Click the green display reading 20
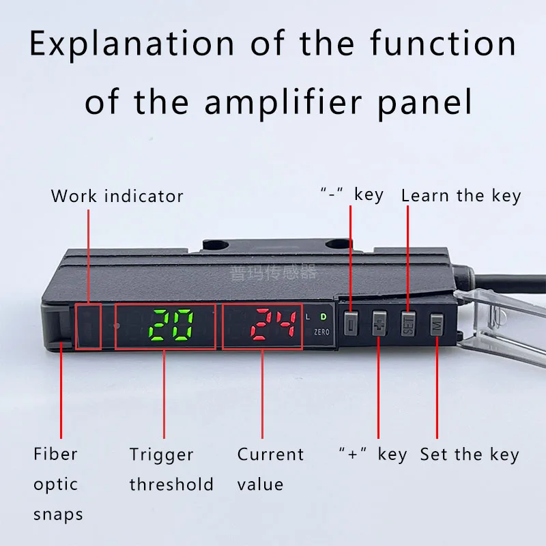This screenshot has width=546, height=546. [171, 325]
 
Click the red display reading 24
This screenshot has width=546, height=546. [273, 325]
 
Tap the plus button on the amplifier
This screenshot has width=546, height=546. [379, 325]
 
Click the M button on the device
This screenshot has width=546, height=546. [437, 325]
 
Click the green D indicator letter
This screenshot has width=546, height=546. [324, 316]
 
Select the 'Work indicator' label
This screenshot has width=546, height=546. [117, 197]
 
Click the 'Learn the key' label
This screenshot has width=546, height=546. [461, 196]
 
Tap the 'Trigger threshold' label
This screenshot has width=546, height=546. [171, 470]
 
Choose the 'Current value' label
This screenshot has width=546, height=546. [270, 470]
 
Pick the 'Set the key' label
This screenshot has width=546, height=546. [469, 455]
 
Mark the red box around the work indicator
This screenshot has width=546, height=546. [88, 326]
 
